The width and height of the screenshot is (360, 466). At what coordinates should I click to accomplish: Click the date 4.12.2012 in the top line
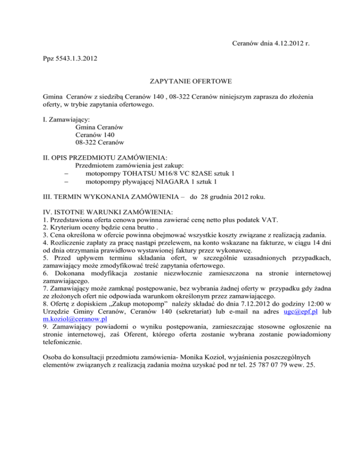[x=286, y=44]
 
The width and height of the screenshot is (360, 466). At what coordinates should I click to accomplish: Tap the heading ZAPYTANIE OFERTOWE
[x=180, y=94]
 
